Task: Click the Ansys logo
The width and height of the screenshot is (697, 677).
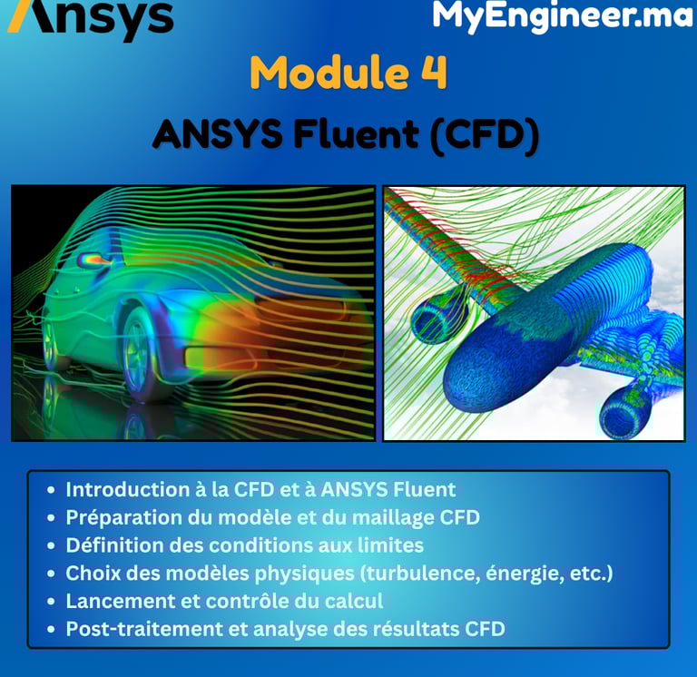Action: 90,19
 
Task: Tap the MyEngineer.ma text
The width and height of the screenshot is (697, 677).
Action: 564,16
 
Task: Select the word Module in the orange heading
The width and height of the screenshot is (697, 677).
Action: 329,73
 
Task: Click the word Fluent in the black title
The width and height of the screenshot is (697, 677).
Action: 356,134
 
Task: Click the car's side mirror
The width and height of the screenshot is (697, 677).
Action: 93,260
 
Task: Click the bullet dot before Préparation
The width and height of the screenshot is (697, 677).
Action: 51,518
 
